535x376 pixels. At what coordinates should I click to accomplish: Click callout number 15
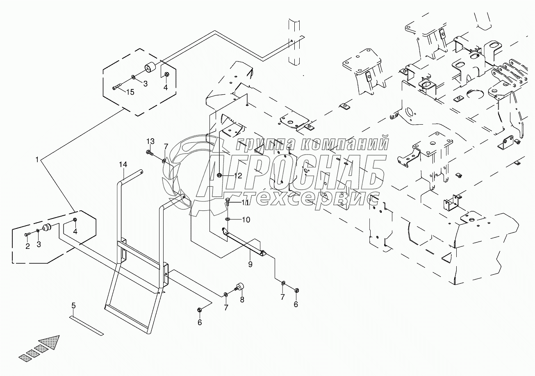click(130, 92)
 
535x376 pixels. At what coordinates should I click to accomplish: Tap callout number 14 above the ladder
click(123, 164)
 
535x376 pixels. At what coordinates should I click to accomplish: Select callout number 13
click(150, 141)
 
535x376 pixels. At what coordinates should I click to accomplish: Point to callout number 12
click(238, 176)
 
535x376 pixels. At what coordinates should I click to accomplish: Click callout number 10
click(246, 220)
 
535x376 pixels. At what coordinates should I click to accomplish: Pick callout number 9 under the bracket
click(250, 264)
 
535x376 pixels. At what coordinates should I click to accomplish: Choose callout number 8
click(242, 300)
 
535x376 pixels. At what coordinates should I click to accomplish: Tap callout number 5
click(73, 305)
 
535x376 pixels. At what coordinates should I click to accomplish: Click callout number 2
click(28, 246)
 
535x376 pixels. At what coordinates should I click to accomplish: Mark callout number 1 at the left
click(37, 160)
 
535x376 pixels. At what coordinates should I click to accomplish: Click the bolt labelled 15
click(117, 87)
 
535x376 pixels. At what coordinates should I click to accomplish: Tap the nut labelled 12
click(219, 175)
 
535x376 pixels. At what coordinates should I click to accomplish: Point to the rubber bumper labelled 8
click(239, 287)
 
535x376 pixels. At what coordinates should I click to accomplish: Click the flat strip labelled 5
click(87, 326)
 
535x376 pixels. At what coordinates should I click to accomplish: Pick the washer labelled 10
click(228, 219)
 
